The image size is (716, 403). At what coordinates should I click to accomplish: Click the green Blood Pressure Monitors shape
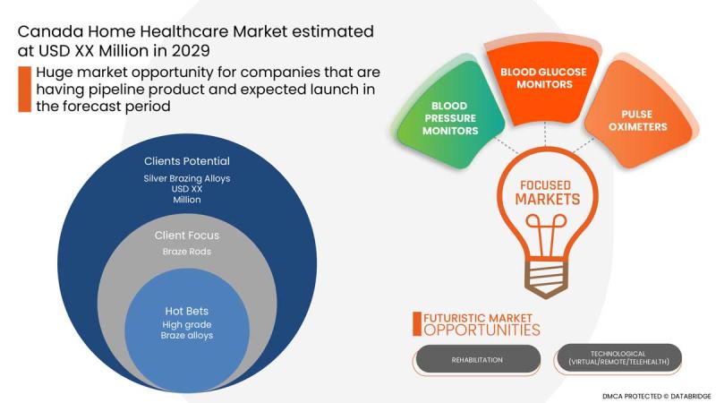tap(450, 116)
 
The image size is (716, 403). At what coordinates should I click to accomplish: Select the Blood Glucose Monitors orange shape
tap(543, 82)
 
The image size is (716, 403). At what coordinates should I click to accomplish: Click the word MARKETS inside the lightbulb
tap(548, 199)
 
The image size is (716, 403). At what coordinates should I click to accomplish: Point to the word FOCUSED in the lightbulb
tap(546, 185)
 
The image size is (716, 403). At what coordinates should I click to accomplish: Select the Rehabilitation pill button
tap(477, 360)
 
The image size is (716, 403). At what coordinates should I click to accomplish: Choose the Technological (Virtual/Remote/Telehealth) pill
tap(618, 357)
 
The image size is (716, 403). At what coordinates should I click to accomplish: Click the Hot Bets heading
tap(187, 311)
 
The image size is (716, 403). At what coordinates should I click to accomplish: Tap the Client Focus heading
tap(187, 236)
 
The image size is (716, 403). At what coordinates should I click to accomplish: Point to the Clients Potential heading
tap(187, 161)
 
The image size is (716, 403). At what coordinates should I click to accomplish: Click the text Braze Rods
tap(187, 252)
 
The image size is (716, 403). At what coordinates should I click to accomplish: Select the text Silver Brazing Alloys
tap(187, 178)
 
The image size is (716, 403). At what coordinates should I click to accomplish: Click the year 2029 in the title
tap(191, 51)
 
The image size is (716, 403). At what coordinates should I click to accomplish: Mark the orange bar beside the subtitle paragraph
tap(25, 89)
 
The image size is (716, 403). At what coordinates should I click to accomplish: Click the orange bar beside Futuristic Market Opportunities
tap(416, 324)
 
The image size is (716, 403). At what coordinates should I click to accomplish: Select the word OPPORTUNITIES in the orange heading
tap(482, 330)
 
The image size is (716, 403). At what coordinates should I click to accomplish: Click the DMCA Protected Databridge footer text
tap(656, 396)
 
